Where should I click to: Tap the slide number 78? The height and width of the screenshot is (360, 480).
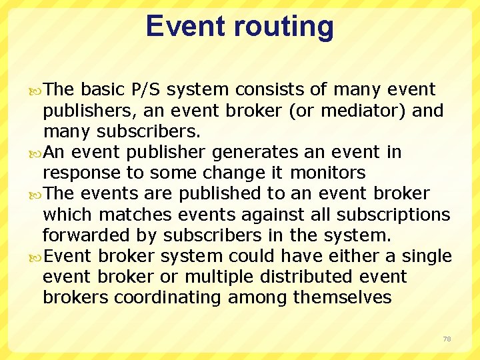447,339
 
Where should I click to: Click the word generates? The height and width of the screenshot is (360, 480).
255,152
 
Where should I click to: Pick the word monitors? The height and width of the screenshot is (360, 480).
327,173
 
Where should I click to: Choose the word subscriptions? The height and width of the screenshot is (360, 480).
393,214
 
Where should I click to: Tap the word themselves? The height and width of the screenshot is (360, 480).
343,297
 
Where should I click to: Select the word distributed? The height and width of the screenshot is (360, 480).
311,276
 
